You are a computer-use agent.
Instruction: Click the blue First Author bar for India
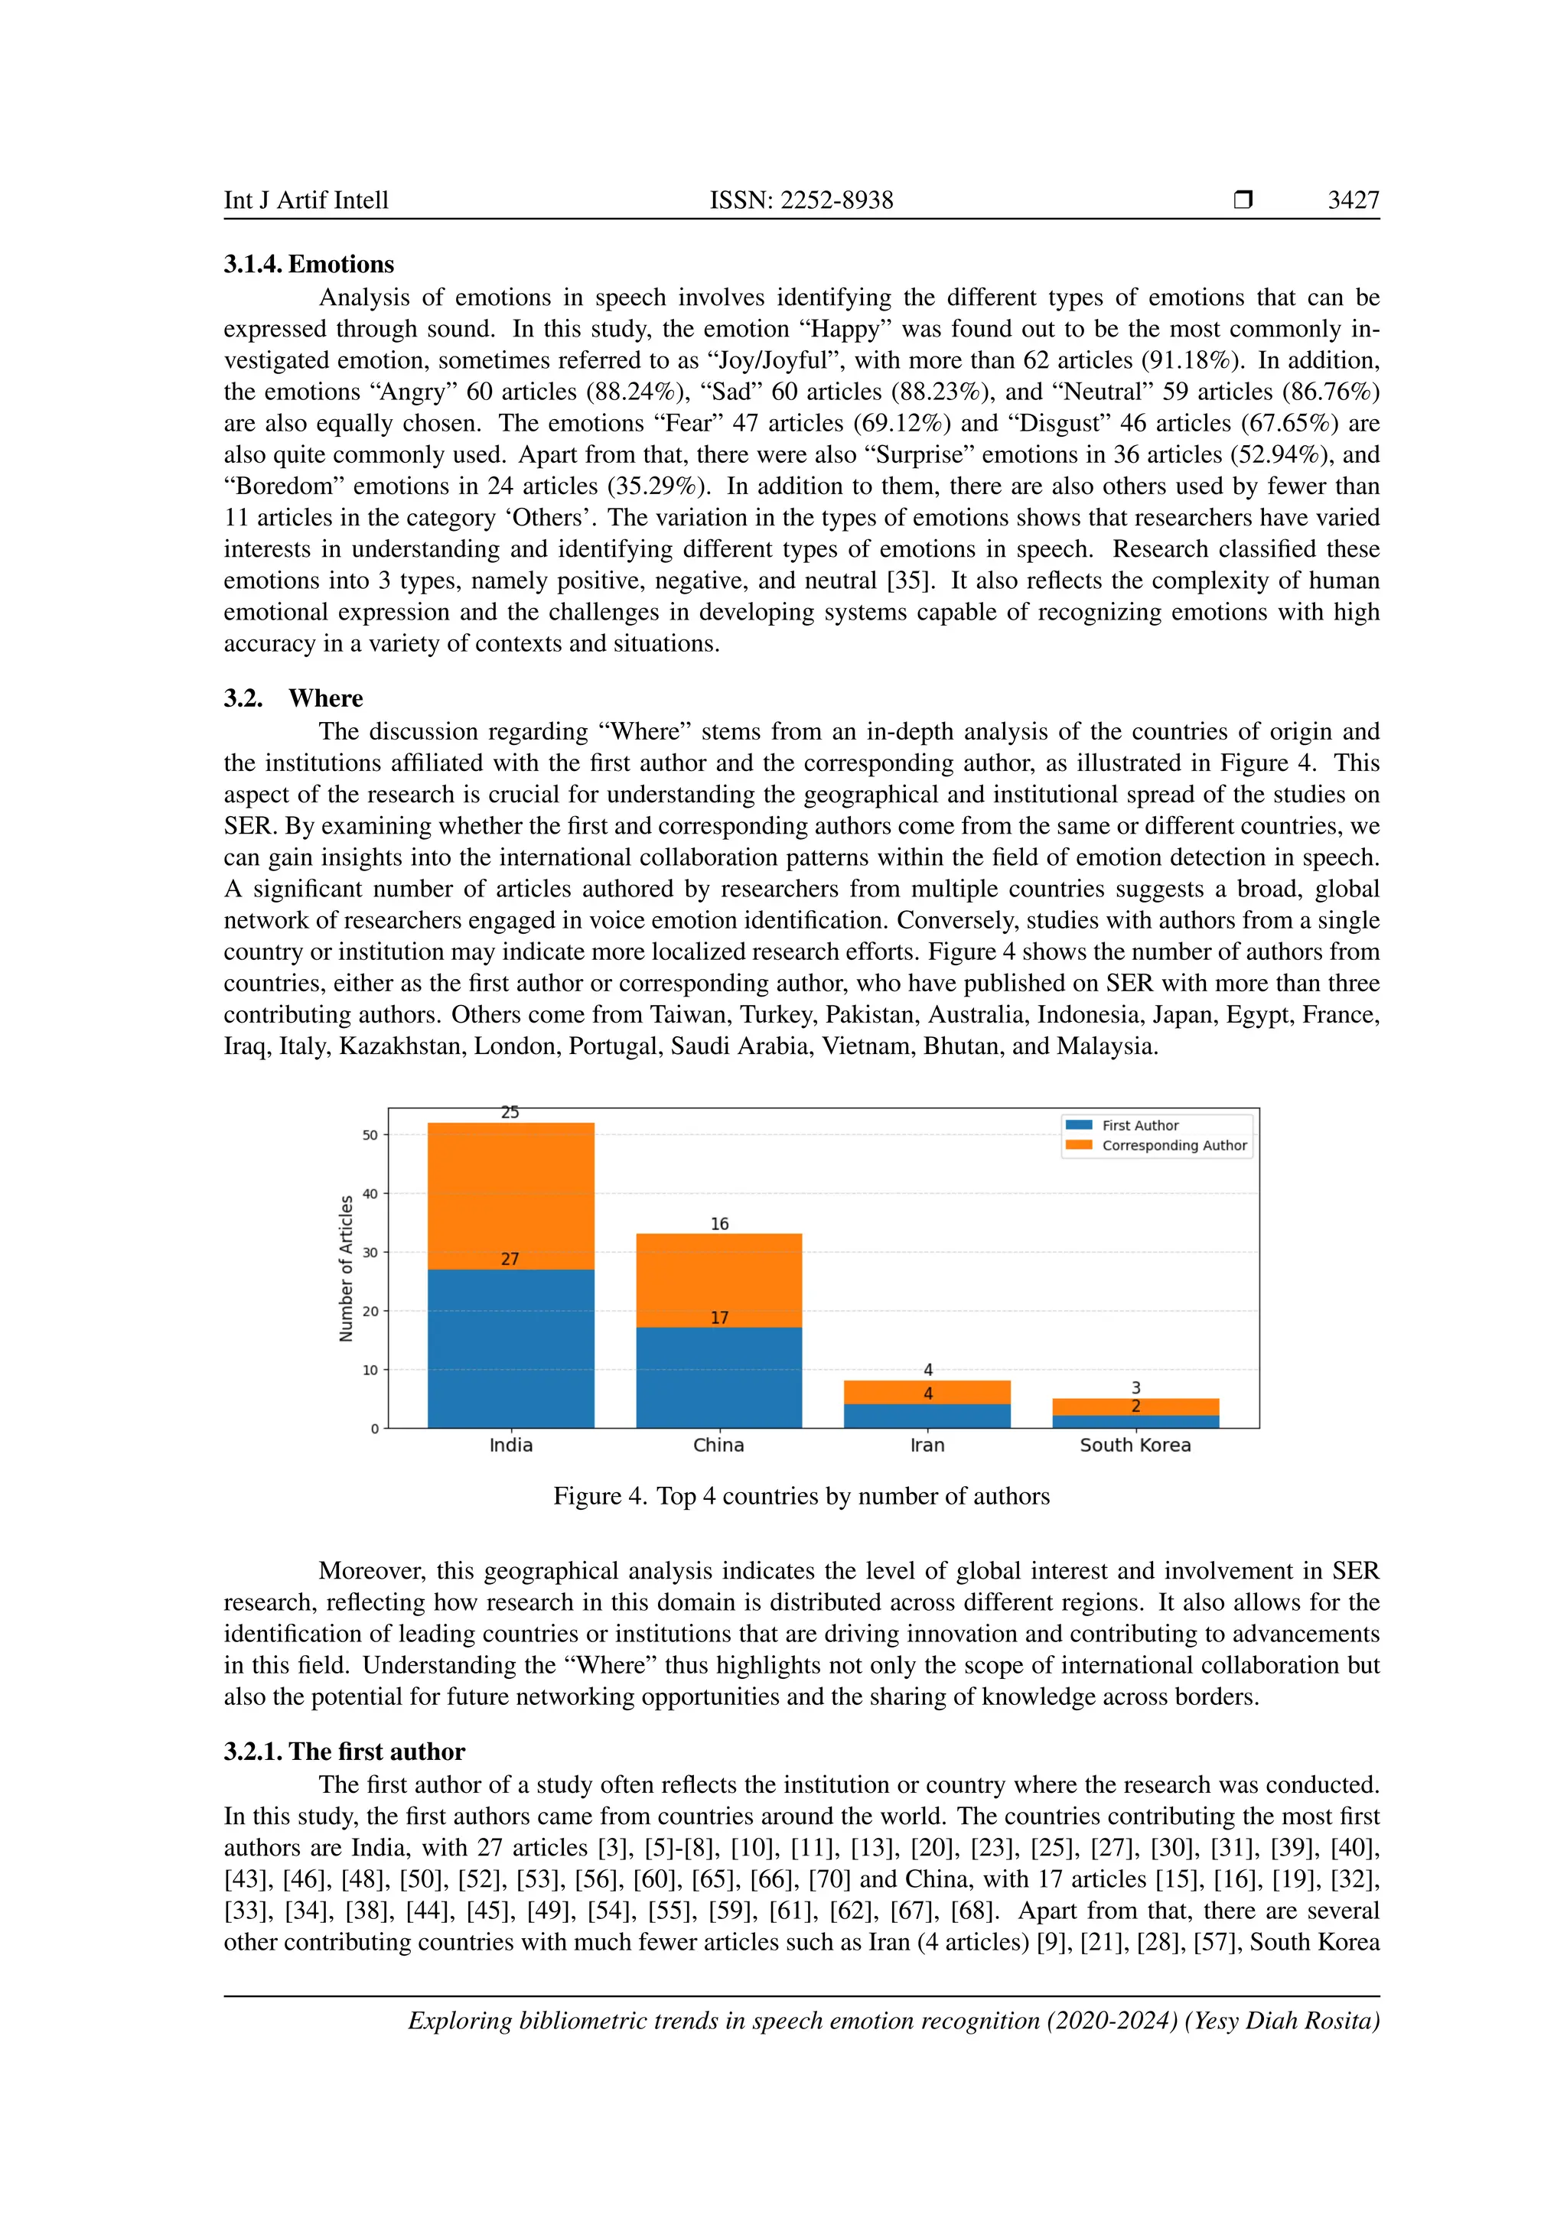510,1351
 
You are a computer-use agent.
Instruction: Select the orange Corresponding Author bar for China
719,1280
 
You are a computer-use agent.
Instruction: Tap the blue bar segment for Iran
927,1416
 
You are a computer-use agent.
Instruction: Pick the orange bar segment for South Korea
1135,1407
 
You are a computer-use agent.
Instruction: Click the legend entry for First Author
1139,1125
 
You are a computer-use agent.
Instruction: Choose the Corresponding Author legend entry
1173,1145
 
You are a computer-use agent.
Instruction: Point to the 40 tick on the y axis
370,1193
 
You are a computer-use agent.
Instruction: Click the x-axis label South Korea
1135,1445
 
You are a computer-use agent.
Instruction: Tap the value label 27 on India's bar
510,1259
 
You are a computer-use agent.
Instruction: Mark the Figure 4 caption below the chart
801,1496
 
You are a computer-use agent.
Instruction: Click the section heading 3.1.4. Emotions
309,265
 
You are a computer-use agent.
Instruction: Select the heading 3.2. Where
293,698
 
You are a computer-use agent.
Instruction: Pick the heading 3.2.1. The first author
344,1752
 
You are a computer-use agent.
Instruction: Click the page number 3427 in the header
1353,200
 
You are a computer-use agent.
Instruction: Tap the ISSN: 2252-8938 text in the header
801,200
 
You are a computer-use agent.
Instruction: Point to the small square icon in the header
1243,200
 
